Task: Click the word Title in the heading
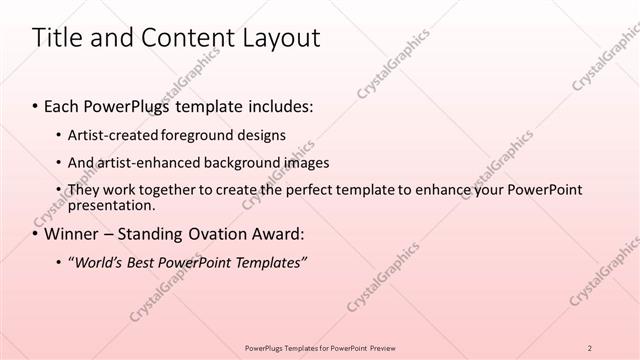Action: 58,39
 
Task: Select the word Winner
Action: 72,235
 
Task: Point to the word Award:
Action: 277,235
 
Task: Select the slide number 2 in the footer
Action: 590,348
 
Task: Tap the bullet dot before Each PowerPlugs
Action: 36,106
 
